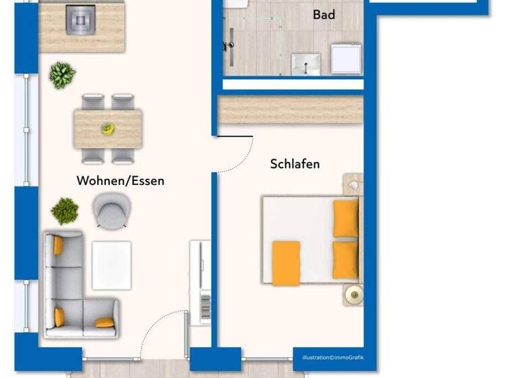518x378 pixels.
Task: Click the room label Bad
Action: click(324, 15)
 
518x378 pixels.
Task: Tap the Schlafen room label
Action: click(295, 164)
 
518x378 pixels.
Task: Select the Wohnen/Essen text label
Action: click(120, 181)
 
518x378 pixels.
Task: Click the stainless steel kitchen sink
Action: click(81, 19)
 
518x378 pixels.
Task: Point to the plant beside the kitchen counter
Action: click(62, 75)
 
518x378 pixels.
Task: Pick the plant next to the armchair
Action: click(65, 211)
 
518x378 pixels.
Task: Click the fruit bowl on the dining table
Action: click(108, 128)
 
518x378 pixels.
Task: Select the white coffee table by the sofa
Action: click(111, 265)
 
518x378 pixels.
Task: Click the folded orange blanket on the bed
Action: click(286, 263)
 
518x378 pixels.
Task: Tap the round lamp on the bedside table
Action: click(353, 294)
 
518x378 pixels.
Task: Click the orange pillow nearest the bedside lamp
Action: click(346, 260)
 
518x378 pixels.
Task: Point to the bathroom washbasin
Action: click(306, 65)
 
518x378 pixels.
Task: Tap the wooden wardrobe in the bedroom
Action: click(290, 109)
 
